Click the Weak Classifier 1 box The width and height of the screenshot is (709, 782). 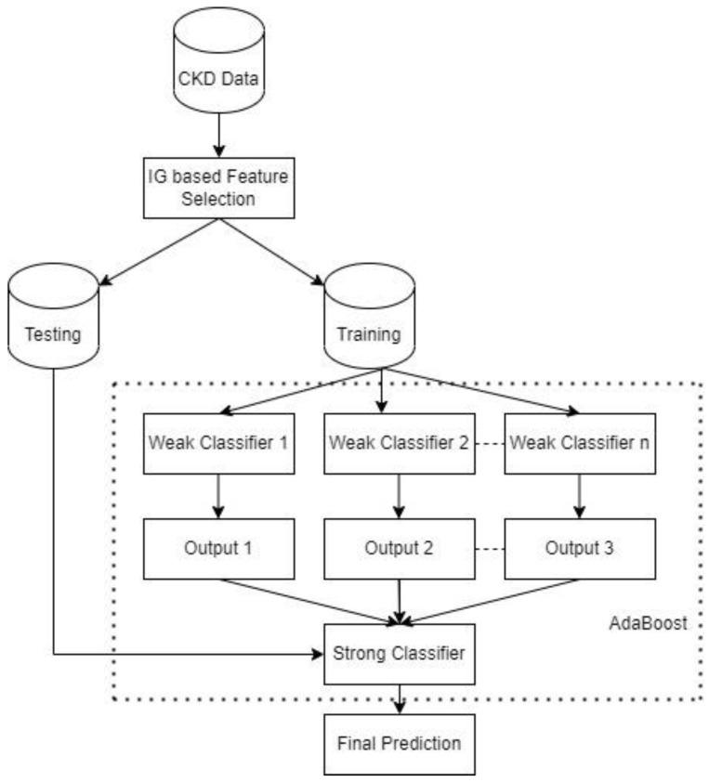(x=218, y=439)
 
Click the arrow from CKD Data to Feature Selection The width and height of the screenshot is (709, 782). (x=218, y=137)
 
